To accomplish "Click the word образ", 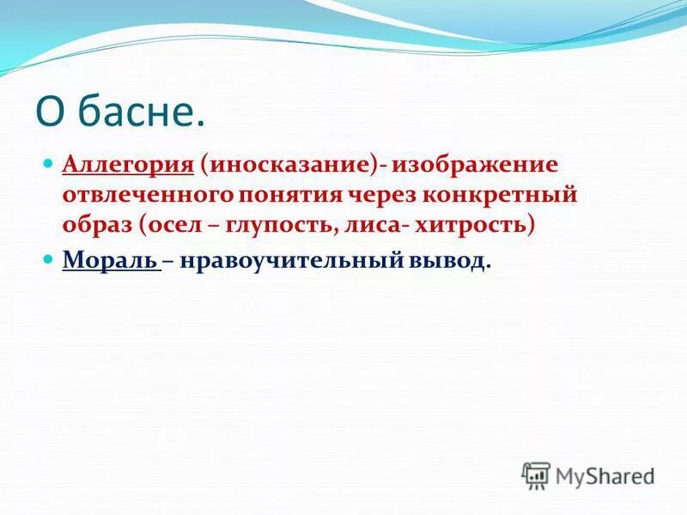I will click(94, 225).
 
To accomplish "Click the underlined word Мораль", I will click(109, 261).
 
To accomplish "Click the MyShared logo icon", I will click(535, 475).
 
